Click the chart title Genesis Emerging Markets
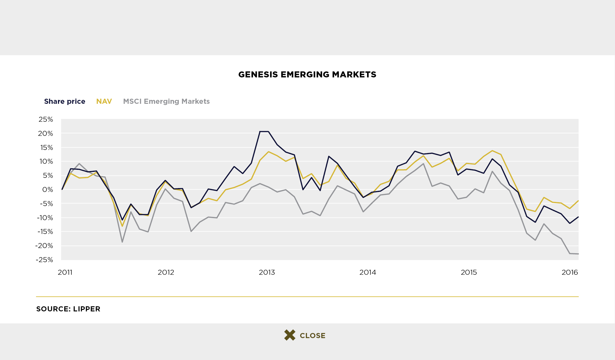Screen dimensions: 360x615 point(307,74)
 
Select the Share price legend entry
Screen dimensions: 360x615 point(65,101)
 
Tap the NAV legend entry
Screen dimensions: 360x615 point(104,101)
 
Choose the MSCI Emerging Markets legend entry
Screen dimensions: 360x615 point(166,101)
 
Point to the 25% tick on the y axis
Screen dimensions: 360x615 point(46,119)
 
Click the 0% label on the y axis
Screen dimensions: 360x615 point(47,190)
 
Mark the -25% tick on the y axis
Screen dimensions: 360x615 point(44,260)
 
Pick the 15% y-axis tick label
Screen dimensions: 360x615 point(46,148)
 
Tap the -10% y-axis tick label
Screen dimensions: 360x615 point(44,218)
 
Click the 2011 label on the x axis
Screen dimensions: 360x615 point(65,272)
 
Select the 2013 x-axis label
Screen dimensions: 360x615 point(267,272)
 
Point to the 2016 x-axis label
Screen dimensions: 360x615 point(570,272)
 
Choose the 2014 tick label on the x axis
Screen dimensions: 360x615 point(368,272)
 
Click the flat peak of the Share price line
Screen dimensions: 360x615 point(264,131)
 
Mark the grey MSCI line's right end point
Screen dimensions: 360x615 point(578,254)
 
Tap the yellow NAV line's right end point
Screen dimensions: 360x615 point(578,201)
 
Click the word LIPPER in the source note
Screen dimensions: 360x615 point(87,309)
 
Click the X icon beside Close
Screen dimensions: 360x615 point(290,335)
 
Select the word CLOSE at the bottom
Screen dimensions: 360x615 point(312,336)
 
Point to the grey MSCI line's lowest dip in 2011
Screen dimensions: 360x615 point(122,242)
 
